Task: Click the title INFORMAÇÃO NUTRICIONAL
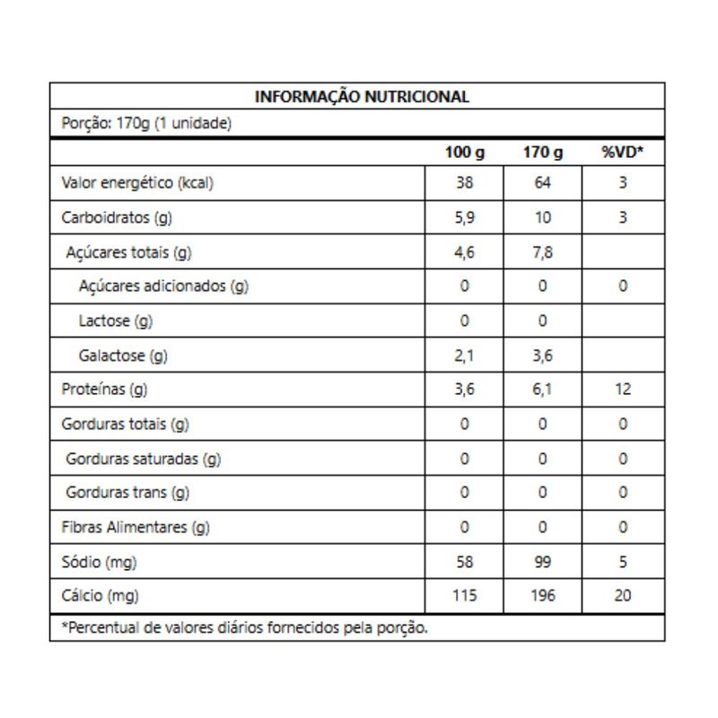[362, 97]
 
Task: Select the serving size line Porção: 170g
[146, 123]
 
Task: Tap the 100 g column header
[464, 153]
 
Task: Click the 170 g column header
[543, 153]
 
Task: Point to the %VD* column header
[623, 153]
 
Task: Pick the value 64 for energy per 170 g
[543, 184]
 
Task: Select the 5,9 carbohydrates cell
[464, 218]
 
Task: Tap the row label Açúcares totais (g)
[128, 253]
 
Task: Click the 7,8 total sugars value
[543, 253]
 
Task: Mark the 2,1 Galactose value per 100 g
[464, 355]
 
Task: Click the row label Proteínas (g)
[104, 390]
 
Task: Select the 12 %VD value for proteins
[623, 390]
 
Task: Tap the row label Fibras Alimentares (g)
[135, 528]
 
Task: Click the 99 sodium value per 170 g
[543, 562]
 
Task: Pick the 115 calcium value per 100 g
[464, 596]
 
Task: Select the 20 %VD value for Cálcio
[623, 596]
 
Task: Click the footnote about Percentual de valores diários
[244, 628]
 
